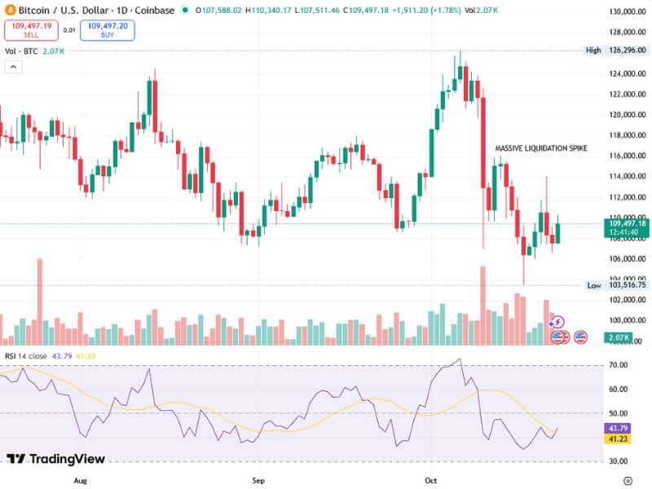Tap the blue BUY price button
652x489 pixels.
point(107,30)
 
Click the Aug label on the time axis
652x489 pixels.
point(80,482)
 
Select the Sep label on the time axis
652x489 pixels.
point(260,482)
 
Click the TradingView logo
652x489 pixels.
point(57,459)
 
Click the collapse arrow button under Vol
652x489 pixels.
point(13,67)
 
